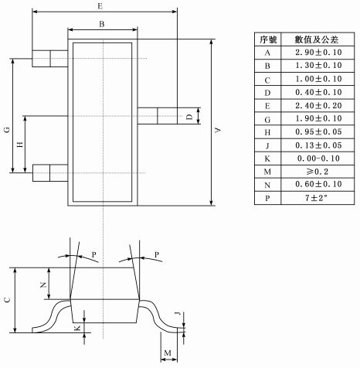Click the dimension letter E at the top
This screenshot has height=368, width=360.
click(x=100, y=6)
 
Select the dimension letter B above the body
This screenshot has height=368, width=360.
click(x=102, y=24)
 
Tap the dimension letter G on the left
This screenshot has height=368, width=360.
click(x=7, y=130)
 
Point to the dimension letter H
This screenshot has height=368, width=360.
click(x=20, y=145)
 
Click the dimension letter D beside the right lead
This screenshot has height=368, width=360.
click(x=189, y=117)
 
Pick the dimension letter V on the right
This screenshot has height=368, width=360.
click(x=218, y=130)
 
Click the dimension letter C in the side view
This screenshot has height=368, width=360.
click(x=7, y=300)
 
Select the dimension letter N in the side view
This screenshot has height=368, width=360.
click(x=43, y=285)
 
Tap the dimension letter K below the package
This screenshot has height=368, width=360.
click(x=77, y=328)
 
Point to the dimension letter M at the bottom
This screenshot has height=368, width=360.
click(x=168, y=353)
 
